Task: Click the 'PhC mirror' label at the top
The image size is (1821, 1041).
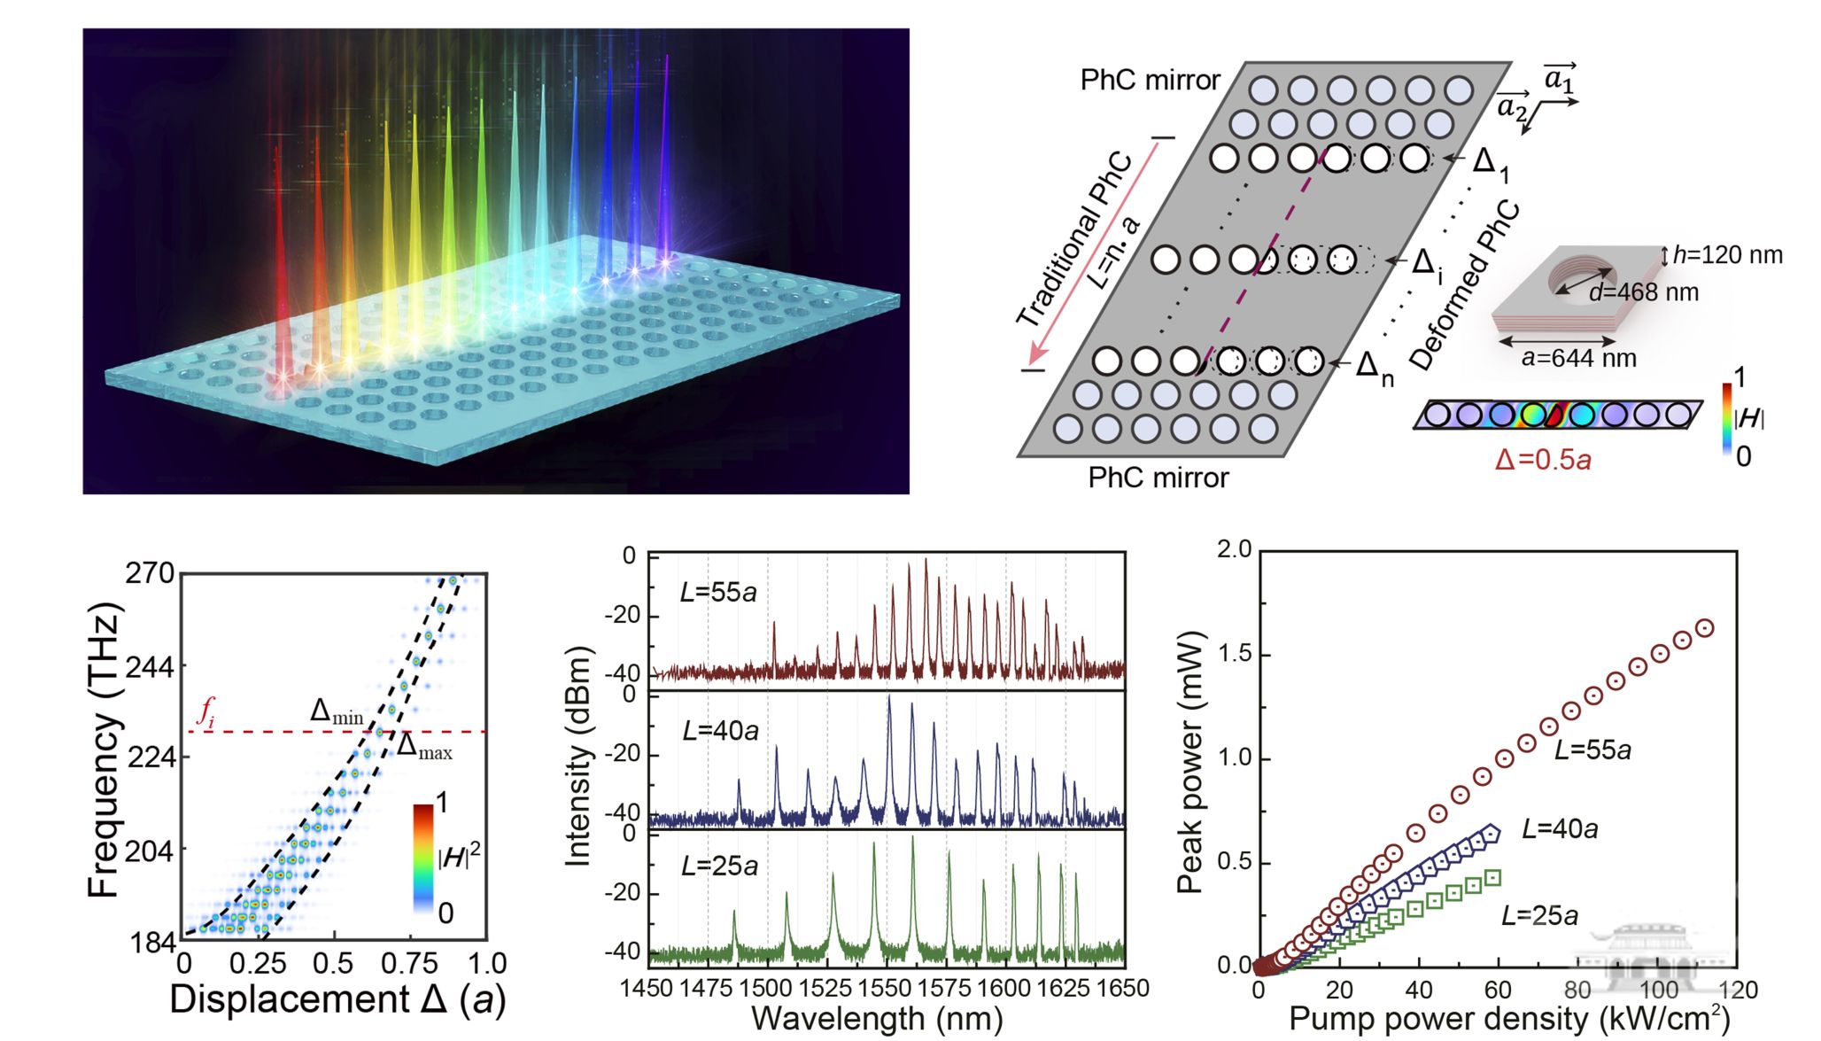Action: tap(1150, 81)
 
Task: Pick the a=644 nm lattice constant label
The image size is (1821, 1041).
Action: tap(1578, 358)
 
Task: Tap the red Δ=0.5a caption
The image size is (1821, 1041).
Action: tap(1543, 460)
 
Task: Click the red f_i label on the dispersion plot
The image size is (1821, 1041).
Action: tap(205, 712)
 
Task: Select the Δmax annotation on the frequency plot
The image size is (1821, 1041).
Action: tap(423, 746)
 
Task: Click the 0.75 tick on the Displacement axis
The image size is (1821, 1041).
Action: tap(410, 964)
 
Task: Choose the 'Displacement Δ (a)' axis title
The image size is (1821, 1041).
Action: tap(337, 999)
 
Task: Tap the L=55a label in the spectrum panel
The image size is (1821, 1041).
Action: tap(718, 592)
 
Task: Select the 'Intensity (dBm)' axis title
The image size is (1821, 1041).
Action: tap(577, 756)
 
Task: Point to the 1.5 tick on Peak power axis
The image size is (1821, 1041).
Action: tap(1235, 655)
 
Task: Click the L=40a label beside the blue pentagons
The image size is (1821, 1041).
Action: tap(1560, 829)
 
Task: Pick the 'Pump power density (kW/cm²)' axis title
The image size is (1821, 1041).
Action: tap(1509, 1019)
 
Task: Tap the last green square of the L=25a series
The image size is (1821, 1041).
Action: tap(1492, 878)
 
